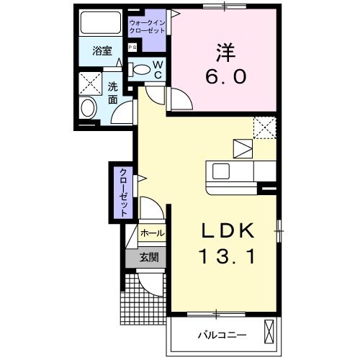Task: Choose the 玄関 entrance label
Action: pos(149,257)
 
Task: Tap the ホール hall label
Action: pos(151,233)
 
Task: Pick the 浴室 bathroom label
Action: pos(102,50)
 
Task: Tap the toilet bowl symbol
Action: pos(141,70)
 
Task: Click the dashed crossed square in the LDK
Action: pos(265,127)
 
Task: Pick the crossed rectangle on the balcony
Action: pos(269,333)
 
